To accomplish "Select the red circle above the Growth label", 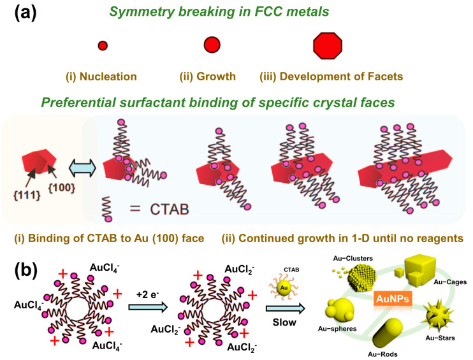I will click(x=212, y=45).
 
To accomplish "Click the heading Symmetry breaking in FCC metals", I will click(x=236, y=13).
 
